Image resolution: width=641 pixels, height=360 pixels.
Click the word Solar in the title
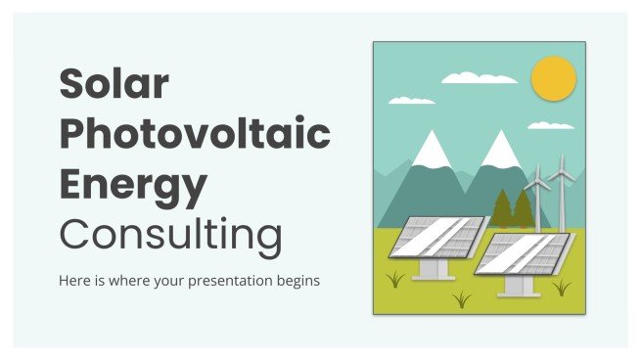tap(114, 85)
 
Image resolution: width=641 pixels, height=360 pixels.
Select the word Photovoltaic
tap(194, 134)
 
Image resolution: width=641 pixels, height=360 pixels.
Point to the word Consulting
tap(170, 235)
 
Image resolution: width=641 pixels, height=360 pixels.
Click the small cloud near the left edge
tap(411, 100)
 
